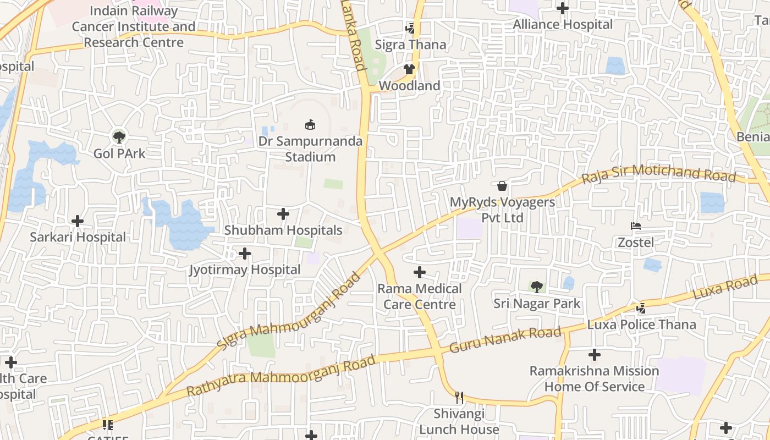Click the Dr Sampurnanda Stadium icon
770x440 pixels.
[x=310, y=125]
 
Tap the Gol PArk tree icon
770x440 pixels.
[x=119, y=136]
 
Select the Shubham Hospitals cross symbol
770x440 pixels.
[x=283, y=214]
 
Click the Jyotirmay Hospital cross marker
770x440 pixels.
[x=245, y=254]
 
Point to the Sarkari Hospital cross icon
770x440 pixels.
[x=78, y=221]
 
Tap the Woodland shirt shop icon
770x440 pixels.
[x=409, y=69]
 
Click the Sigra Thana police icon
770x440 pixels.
[x=410, y=28]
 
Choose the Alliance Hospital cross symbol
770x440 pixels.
[x=562, y=8]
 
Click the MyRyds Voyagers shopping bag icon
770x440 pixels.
[x=502, y=186]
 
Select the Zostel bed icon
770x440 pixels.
[x=636, y=226]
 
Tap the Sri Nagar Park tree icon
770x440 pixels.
[x=537, y=287]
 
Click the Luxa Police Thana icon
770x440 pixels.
[x=641, y=309]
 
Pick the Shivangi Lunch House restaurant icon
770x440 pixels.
[x=459, y=397]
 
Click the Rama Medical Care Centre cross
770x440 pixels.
[x=420, y=272]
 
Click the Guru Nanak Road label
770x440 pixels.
[x=505, y=340]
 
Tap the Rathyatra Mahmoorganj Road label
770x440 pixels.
[x=281, y=376]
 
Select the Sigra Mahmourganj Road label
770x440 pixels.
[x=289, y=311]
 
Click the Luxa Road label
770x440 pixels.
[x=725, y=289]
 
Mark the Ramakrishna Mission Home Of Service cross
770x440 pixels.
[x=594, y=355]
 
